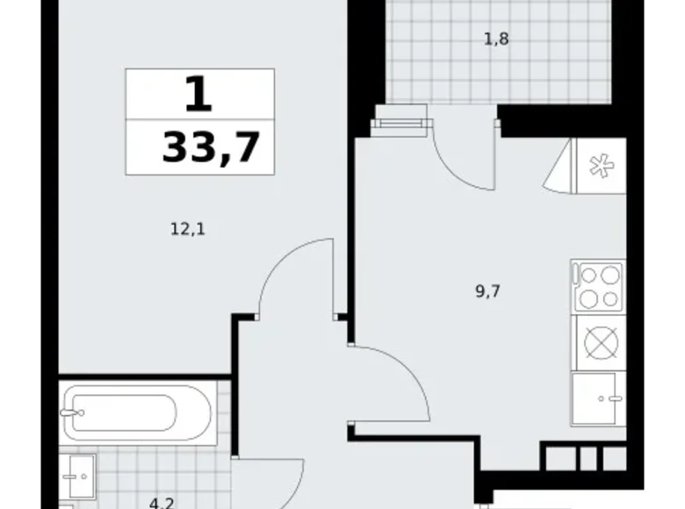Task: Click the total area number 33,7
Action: [x=211, y=147]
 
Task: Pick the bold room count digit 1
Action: [x=199, y=93]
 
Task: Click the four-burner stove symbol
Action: [x=598, y=287]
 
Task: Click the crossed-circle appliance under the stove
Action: [x=598, y=342]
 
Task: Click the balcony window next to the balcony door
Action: [x=400, y=124]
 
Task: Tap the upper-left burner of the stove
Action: [x=587, y=276]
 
